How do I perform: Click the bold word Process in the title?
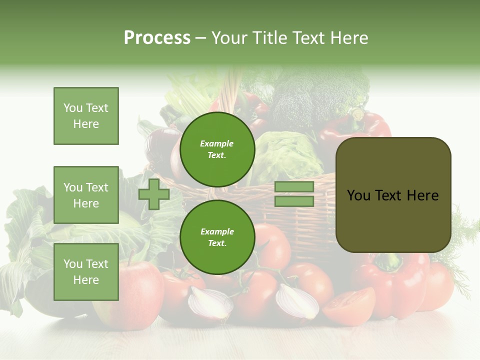pos(157,38)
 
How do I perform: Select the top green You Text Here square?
pos(86,116)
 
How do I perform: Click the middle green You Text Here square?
pos(86,195)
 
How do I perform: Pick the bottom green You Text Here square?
pos(86,272)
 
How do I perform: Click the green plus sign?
pos(154,194)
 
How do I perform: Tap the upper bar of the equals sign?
pos(294,187)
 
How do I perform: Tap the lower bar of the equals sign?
pos(294,201)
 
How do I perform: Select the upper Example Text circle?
pos(217,149)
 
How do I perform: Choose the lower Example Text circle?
pos(217,237)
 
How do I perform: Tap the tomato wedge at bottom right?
pos(349,305)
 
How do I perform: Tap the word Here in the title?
pos(349,38)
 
